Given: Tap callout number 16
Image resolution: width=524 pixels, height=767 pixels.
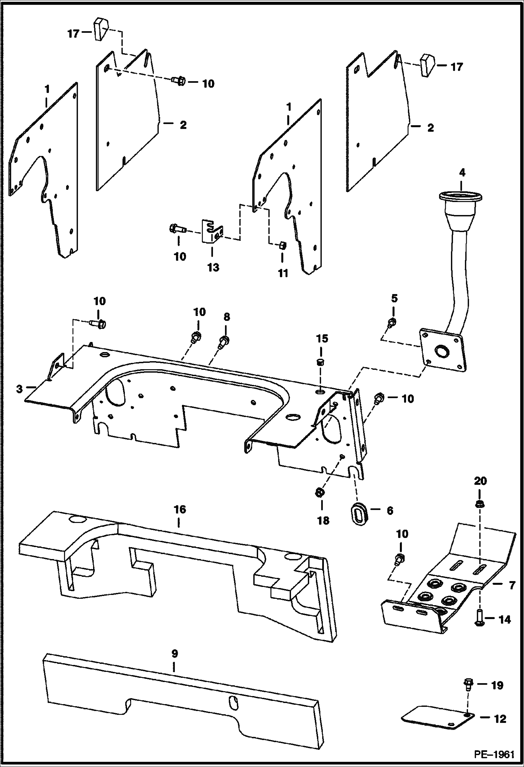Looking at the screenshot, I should pyautogui.click(x=179, y=509).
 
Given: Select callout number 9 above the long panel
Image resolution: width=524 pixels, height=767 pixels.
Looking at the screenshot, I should pyautogui.click(x=175, y=653).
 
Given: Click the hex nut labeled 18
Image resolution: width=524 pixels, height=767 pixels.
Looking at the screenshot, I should pyautogui.click(x=319, y=494).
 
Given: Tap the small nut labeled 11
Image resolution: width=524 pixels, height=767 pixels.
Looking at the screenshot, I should pyautogui.click(x=282, y=246).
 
